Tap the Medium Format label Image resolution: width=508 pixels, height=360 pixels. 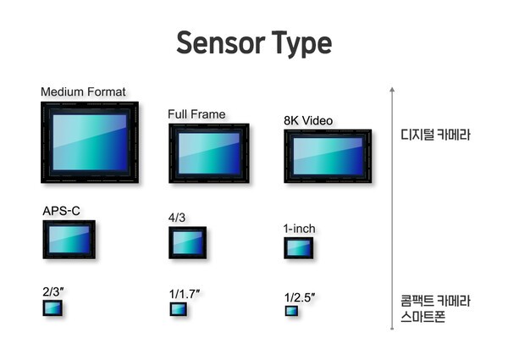point(83,91)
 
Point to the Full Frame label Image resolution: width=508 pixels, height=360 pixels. point(196,114)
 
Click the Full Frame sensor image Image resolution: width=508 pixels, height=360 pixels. point(208,153)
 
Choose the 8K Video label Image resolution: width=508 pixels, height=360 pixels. point(310,120)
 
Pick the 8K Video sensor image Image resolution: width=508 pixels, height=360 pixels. point(328,157)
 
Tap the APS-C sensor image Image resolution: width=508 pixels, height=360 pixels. point(69,240)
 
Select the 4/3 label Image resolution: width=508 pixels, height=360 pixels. point(177,218)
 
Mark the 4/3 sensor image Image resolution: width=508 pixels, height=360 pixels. point(187,242)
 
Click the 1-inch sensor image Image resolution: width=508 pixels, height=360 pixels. point(298,248)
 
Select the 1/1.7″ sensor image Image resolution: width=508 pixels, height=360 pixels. point(178,308)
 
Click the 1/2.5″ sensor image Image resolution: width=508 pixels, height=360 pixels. point(291,311)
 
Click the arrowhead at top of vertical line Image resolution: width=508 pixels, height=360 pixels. point(391,88)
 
